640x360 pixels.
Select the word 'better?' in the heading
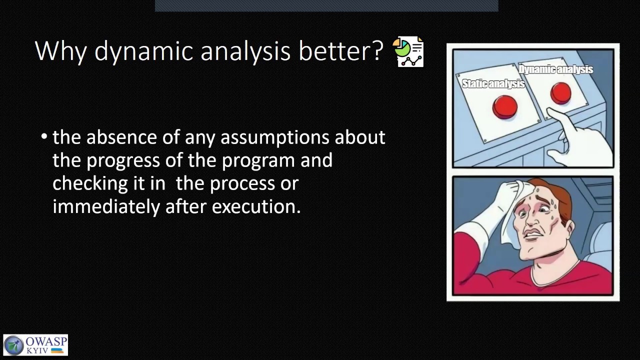(340, 51)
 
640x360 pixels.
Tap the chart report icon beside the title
(408, 51)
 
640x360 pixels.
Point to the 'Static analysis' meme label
(493, 83)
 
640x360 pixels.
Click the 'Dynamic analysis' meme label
(556, 69)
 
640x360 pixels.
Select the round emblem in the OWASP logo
(13, 345)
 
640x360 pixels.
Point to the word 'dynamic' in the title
(143, 51)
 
